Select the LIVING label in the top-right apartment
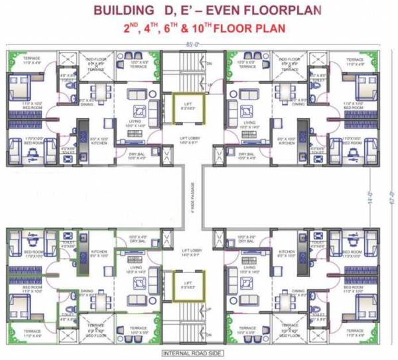[x=249, y=124]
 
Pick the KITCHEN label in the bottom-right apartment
[x=287, y=253]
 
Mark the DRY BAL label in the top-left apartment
[x=138, y=156]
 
